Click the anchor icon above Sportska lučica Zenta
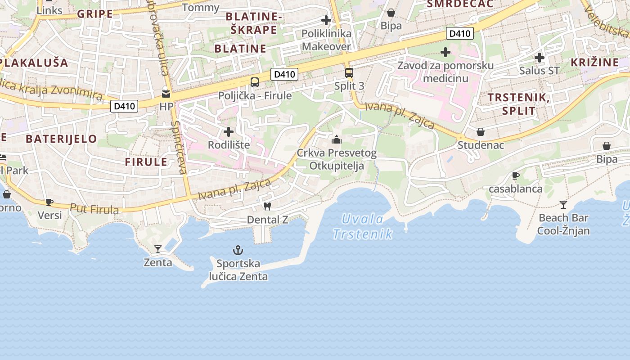tap(238, 250)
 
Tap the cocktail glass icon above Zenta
tap(158, 249)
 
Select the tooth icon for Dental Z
tap(267, 207)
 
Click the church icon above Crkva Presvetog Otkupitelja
tap(337, 139)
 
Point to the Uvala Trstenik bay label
tap(363, 226)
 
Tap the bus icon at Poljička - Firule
tap(255, 82)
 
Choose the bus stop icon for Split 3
tap(349, 72)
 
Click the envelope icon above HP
tap(166, 94)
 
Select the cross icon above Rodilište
tap(229, 132)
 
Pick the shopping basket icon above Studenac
tap(481, 132)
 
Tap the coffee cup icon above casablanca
tap(516, 175)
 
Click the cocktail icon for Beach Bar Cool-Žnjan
tap(563, 205)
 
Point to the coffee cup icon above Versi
tap(49, 202)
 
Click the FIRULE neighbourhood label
tap(146, 162)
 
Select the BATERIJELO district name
tap(61, 139)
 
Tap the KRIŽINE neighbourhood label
tap(594, 62)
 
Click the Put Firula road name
tap(94, 209)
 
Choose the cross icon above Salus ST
tap(539, 58)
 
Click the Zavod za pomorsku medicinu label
tap(445, 72)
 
